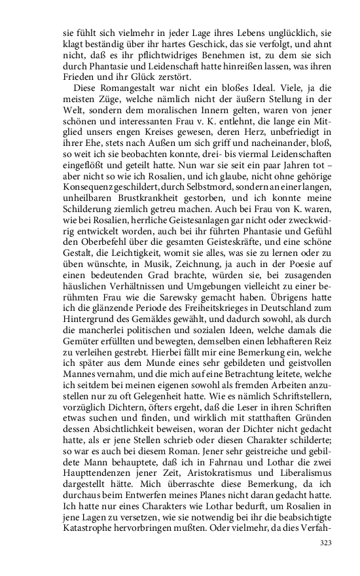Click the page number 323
click(326, 543)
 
